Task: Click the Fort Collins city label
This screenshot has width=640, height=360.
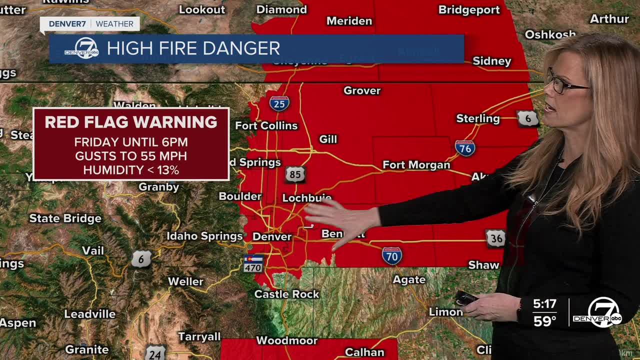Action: point(266,125)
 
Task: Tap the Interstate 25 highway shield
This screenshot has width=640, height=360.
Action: point(279,103)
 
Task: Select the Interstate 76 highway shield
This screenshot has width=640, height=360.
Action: point(465,147)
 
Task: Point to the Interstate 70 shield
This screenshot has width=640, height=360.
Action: point(391,255)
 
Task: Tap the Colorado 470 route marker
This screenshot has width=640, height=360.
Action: point(253,263)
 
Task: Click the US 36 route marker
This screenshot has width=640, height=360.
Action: point(495,238)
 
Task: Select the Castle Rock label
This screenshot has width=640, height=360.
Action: point(286,294)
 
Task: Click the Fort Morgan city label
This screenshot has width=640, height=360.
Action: point(416,165)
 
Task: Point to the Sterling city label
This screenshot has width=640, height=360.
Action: point(477,118)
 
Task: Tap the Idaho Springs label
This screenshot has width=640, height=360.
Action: point(204,236)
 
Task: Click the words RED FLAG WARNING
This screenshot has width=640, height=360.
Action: point(131,122)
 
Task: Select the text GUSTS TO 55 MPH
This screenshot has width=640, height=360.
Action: point(131,156)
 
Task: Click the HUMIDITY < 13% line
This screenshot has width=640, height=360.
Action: point(131,170)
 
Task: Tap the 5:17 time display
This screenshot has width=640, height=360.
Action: point(544,303)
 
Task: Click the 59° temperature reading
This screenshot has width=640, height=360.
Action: point(544,321)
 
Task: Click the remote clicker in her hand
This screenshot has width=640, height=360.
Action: point(465,298)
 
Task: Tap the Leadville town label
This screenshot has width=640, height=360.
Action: point(89,314)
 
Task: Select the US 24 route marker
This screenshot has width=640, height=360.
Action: point(155,353)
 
